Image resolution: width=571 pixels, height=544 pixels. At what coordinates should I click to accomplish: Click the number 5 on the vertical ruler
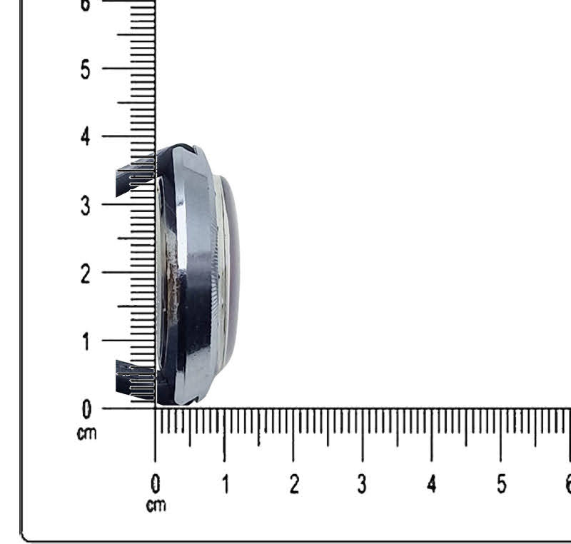click(x=85, y=69)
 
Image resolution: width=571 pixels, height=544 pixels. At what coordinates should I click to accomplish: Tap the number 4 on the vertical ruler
click(x=85, y=137)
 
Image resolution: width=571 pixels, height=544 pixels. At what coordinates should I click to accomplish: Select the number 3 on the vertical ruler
click(x=85, y=206)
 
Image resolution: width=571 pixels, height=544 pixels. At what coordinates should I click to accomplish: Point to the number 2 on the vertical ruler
click(x=85, y=274)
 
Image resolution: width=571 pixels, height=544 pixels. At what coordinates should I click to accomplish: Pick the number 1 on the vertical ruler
click(x=86, y=342)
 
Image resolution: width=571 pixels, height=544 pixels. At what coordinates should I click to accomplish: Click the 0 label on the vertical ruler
click(x=86, y=409)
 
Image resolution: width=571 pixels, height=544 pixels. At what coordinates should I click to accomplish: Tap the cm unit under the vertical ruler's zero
click(x=86, y=433)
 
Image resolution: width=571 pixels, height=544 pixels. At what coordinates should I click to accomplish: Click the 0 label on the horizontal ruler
click(x=156, y=484)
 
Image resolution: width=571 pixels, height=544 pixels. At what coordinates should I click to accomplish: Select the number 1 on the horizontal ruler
click(x=226, y=484)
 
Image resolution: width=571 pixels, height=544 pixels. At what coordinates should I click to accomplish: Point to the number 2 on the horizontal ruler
click(x=295, y=484)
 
